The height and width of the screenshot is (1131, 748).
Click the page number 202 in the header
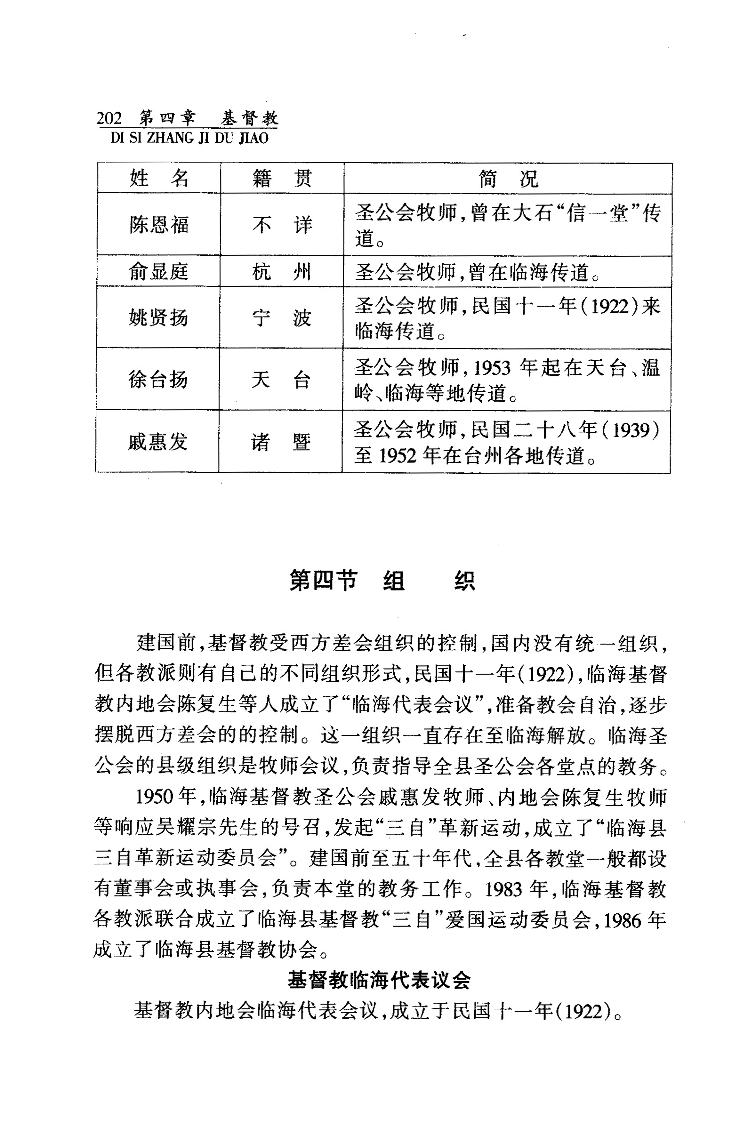click(109, 119)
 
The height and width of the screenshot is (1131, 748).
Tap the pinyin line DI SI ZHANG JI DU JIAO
click(189, 138)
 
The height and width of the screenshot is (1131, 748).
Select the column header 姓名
click(159, 178)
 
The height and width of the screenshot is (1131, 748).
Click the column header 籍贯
click(282, 178)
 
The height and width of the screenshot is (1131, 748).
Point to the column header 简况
click(508, 178)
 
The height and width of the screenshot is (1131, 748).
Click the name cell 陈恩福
click(159, 225)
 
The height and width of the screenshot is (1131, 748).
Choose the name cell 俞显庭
click(159, 272)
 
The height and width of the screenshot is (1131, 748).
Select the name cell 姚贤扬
click(158, 318)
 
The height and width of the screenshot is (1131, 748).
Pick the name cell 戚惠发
click(157, 442)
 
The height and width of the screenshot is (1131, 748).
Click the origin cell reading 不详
click(282, 225)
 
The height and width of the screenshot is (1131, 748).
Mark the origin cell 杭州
click(281, 272)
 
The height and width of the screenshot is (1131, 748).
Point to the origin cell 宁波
click(281, 318)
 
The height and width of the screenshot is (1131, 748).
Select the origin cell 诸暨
click(281, 442)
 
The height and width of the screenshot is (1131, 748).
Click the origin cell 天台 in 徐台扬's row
click(281, 380)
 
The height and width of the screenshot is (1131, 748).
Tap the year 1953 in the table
click(492, 368)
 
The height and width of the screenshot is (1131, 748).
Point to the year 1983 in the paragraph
click(505, 890)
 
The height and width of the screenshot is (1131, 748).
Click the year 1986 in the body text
click(622, 920)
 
